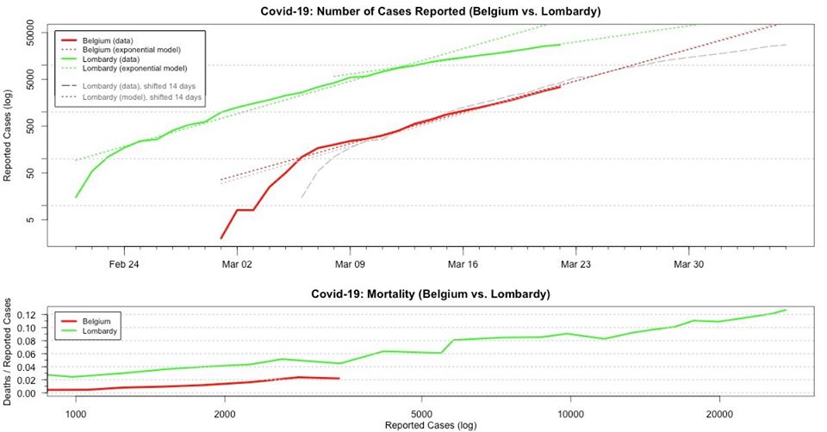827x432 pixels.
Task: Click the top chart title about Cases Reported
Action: point(430,11)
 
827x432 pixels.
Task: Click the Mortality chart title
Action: point(430,294)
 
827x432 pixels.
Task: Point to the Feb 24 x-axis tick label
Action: point(124,265)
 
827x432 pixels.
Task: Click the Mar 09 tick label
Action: point(350,265)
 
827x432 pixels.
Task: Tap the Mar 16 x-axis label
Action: point(463,265)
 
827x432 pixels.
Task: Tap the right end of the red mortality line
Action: point(339,379)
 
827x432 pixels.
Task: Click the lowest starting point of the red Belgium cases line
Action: point(221,238)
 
